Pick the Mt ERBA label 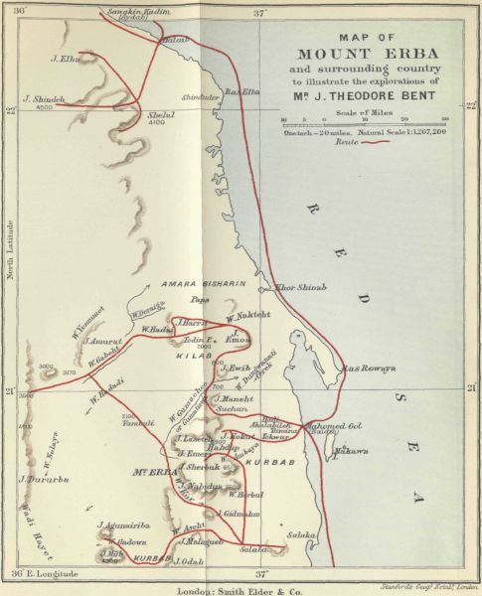[x=153, y=472]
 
